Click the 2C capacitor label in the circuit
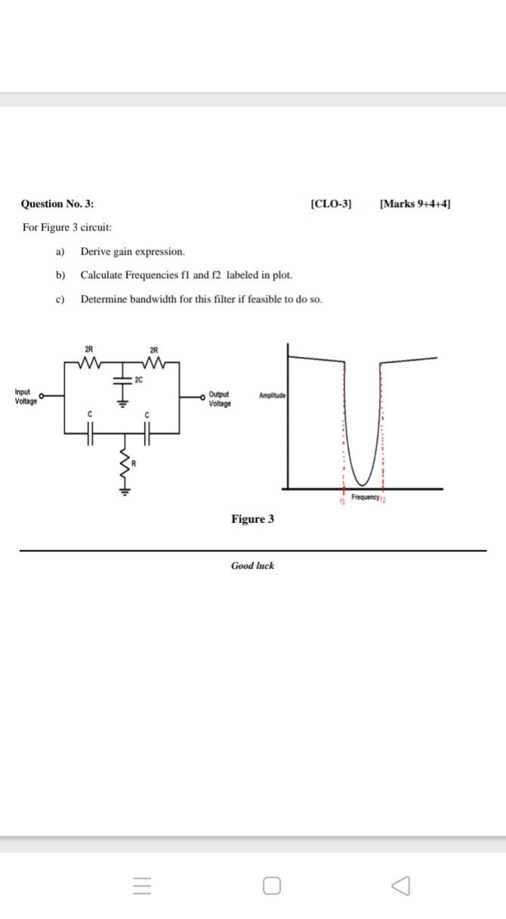(139, 379)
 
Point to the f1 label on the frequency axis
(342, 501)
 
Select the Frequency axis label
(365, 497)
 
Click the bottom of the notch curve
(363, 484)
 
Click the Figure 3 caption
(252, 519)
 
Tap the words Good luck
(252, 565)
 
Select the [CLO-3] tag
(332, 204)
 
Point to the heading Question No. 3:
(57, 204)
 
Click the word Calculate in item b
(100, 275)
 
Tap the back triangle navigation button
(401, 885)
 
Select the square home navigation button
(273, 885)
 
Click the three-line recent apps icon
(141, 885)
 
